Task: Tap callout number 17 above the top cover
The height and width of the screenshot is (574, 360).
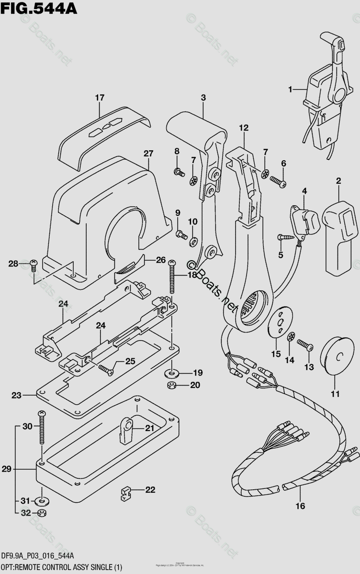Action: (x=99, y=98)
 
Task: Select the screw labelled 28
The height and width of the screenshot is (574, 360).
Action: (x=34, y=264)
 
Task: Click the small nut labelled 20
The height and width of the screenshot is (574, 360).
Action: (x=171, y=386)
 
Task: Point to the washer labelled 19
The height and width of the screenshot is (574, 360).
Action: (x=171, y=373)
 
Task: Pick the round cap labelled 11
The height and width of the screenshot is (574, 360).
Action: (x=335, y=358)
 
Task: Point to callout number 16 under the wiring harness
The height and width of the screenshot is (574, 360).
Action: (x=300, y=506)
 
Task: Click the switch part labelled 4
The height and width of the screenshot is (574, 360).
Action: (x=303, y=221)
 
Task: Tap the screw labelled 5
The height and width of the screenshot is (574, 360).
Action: (x=286, y=237)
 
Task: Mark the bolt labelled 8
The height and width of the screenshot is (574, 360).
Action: (x=180, y=171)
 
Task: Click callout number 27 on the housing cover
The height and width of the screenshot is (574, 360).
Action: (x=148, y=154)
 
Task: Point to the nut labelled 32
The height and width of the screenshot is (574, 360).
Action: (x=42, y=514)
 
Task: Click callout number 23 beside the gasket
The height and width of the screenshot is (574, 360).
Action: (x=17, y=396)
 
